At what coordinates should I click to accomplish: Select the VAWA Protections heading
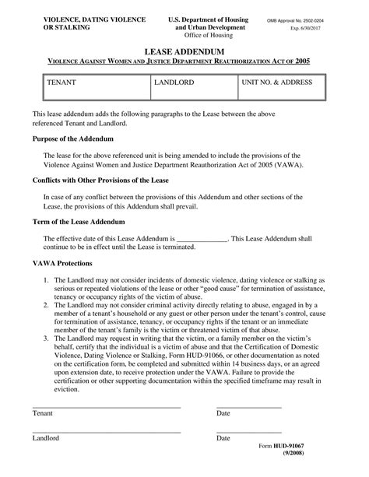pyautogui.click(x=62, y=263)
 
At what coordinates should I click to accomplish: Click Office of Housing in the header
pyautogui.click(x=197, y=36)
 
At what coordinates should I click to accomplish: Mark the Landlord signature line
pyautogui.click(x=107, y=430)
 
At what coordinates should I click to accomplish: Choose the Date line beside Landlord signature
pyautogui.click(x=248, y=430)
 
